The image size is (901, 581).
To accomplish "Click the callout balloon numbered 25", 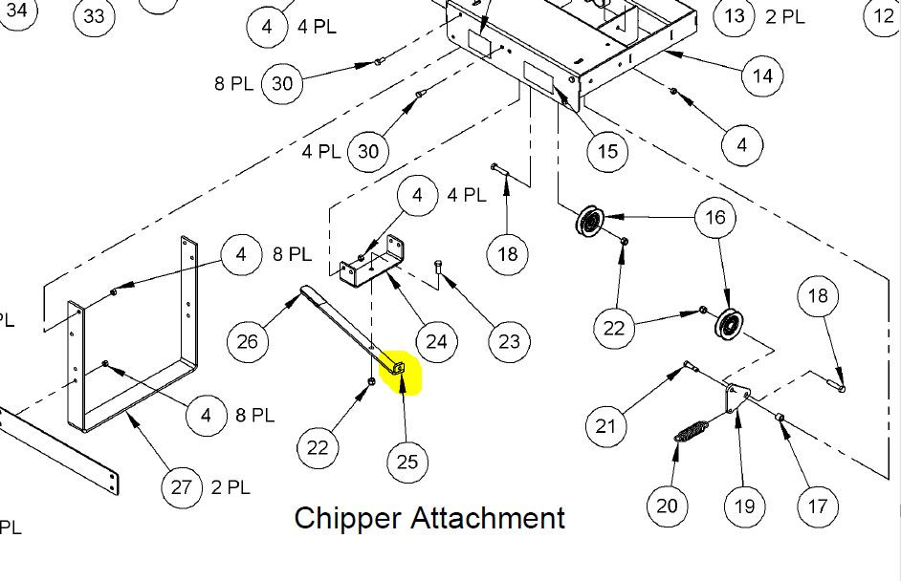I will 407,462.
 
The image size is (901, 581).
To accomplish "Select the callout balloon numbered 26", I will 247,340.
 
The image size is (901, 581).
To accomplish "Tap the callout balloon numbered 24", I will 436,340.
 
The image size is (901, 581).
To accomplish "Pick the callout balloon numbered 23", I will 508,340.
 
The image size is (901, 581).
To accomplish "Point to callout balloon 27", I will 182,486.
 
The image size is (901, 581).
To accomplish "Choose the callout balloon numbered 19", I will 744,506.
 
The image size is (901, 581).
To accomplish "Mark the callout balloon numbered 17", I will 817,506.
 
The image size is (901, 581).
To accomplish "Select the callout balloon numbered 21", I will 605,424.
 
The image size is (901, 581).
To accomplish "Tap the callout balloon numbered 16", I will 715,218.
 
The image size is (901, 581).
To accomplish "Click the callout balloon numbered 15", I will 607,151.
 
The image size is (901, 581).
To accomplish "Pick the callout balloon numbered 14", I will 762,75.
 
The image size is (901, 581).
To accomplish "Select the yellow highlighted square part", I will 400,369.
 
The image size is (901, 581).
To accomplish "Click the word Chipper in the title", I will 348,518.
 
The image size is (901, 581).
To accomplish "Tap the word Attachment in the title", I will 488,518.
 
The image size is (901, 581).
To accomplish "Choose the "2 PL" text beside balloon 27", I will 231,486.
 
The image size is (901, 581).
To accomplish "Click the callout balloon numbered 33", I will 94,16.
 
